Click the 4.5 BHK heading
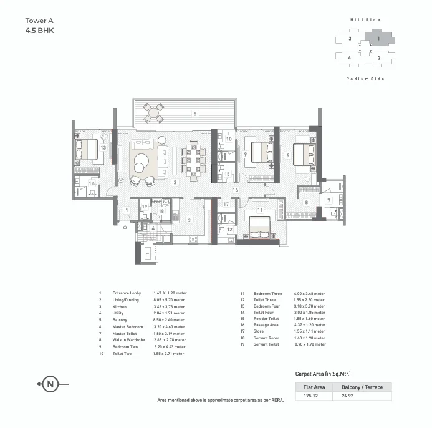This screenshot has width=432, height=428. coord(40,31)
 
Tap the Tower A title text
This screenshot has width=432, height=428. coord(39,21)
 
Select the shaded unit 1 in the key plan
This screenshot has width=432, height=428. coord(380,37)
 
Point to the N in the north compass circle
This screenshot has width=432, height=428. coord(50,384)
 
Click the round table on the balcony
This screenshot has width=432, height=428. coord(153,112)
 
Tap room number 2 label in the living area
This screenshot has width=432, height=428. coord(175,182)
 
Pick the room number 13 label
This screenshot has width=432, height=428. coord(103,148)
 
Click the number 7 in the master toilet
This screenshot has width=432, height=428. coord(329,200)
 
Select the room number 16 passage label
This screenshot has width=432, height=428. coord(235,190)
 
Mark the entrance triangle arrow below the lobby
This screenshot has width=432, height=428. coord(125,227)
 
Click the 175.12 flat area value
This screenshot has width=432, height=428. coord(311,396)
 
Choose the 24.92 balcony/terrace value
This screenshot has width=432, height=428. coord(348,396)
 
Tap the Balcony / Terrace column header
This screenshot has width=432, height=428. coord(362,387)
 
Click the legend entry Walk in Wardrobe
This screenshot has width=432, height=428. coord(128,340)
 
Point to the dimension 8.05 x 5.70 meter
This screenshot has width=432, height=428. coord(169,299)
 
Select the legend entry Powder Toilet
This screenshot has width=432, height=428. coord(266,319)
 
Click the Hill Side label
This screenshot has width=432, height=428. coord(365,20)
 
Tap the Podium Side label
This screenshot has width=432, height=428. coord(365,79)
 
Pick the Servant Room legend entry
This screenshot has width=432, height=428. coord(266,338)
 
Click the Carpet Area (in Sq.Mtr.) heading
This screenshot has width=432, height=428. coord(323,374)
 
